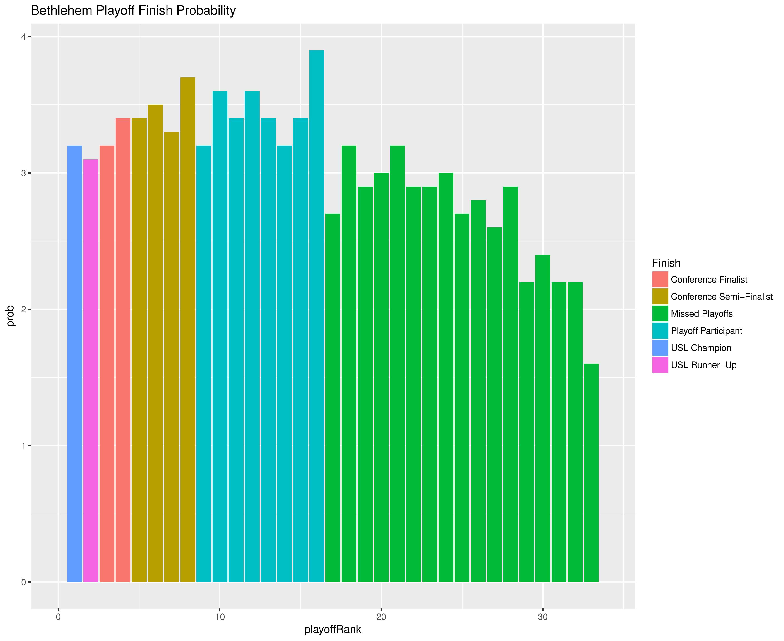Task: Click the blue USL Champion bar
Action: (75, 364)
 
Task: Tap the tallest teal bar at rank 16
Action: (317, 316)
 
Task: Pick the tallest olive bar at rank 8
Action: (188, 329)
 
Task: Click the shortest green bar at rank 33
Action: (591, 473)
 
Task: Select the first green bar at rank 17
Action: (333, 398)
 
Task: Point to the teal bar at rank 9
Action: (204, 364)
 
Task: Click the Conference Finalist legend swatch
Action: (660, 279)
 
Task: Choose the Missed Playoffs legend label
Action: (702, 314)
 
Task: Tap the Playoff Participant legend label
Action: (706, 331)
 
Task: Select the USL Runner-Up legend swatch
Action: (660, 365)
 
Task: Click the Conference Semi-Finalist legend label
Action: (722, 297)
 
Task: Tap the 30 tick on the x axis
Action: (543, 608)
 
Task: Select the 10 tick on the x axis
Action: (220, 608)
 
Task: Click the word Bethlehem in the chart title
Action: (62, 11)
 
